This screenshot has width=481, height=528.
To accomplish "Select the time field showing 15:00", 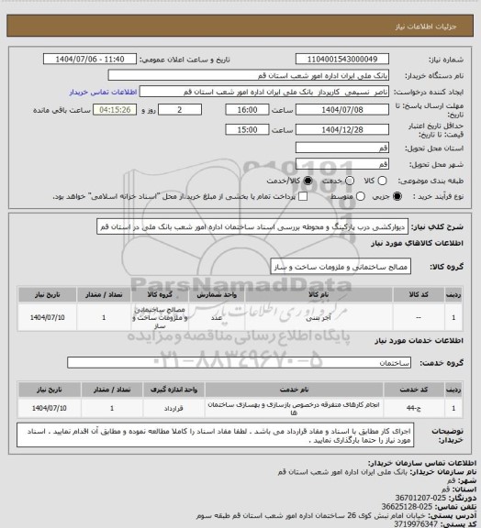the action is pos(246,129).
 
